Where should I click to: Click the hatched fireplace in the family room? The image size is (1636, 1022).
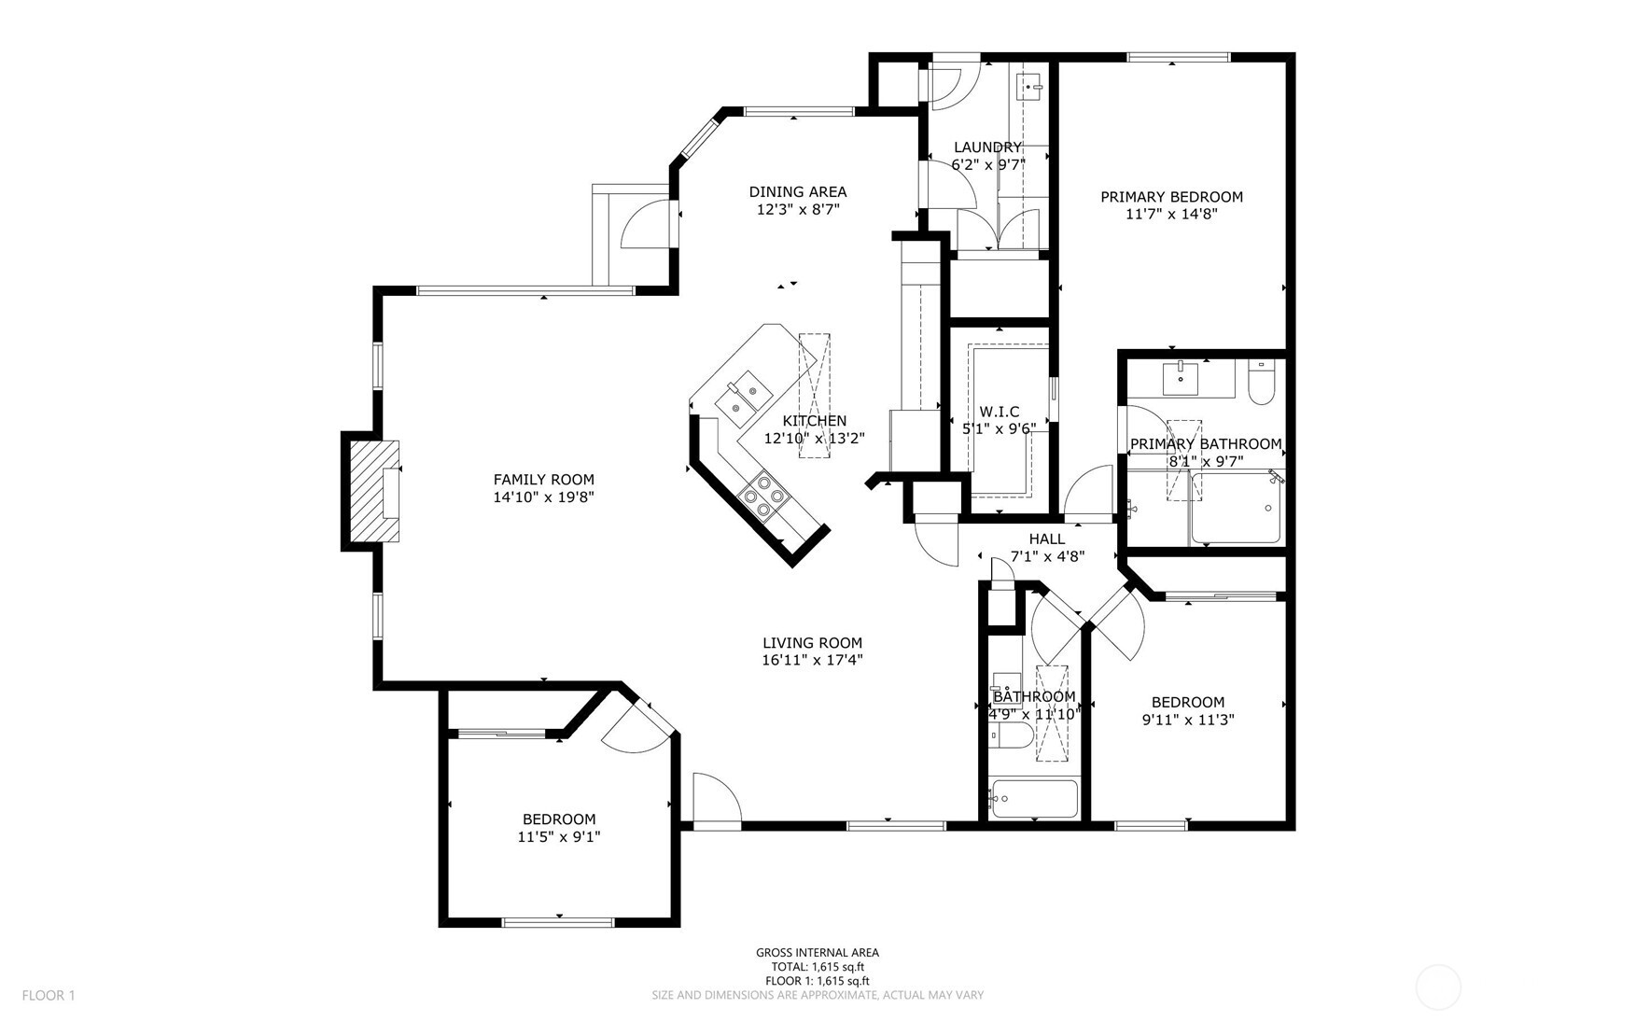(373, 492)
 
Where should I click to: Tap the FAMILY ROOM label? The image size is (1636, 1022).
(543, 480)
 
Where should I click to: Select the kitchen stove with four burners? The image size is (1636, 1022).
(762, 496)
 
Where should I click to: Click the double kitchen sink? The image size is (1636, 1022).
(742, 395)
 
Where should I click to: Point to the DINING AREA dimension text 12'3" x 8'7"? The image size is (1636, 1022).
(798, 210)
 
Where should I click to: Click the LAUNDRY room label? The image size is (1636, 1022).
(987, 147)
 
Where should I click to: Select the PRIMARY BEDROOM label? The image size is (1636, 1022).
(1171, 197)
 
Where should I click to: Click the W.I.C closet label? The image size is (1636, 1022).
(999, 412)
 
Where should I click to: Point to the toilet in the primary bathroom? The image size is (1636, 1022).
(1260, 385)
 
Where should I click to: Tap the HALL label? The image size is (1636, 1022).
(1046, 539)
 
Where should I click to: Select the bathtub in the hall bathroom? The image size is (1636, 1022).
(1034, 798)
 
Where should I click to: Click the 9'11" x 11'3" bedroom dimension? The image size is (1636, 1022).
(1187, 720)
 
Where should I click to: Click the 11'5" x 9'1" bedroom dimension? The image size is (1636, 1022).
(558, 837)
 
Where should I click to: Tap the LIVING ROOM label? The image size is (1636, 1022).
(812, 643)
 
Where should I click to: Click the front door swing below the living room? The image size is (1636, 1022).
(716, 802)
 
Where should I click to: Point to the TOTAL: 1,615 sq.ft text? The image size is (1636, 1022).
(817, 967)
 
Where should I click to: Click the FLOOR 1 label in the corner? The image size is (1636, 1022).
(48, 995)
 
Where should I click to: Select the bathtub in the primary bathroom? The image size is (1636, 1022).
(1237, 510)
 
